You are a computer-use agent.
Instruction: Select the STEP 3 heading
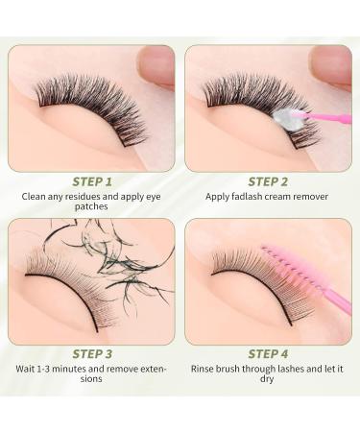tap(92, 351)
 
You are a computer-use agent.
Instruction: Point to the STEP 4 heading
tap(268, 351)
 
